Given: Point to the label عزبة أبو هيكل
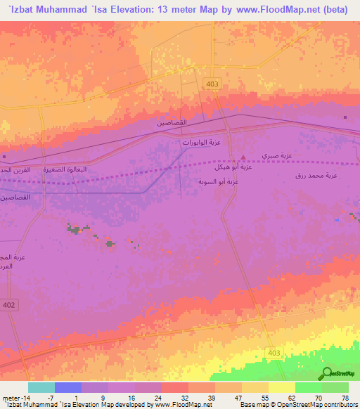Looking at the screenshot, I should pyautogui.click(x=236, y=168).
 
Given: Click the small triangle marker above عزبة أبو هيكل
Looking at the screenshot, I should pyautogui.click(x=243, y=157).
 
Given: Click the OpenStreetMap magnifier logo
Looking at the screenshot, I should pyautogui.click(x=326, y=374).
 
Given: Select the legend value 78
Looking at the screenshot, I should pyautogui.click(x=345, y=398).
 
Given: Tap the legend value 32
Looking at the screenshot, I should pyautogui.click(x=185, y=398).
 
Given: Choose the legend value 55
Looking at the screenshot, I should pyautogui.click(x=264, y=398).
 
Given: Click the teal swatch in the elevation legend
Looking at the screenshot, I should pyautogui.click(x=41, y=388).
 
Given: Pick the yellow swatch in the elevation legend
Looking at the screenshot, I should pyautogui.click(x=281, y=388).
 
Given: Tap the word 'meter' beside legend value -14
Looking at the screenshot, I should pyautogui.click(x=12, y=398).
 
